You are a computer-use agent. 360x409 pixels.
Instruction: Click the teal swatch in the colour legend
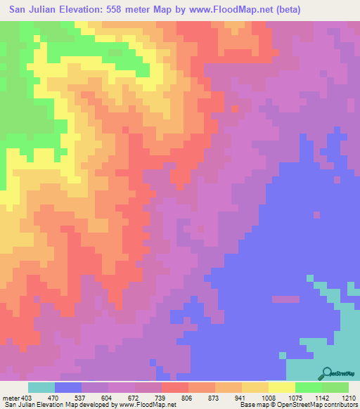(x=41, y=387)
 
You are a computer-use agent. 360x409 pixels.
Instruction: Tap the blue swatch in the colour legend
(x=68, y=387)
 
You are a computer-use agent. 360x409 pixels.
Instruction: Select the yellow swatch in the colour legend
(x=282, y=387)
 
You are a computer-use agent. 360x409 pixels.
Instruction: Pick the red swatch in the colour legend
(x=175, y=387)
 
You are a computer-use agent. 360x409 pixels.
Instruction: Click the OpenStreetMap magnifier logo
(x=327, y=372)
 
